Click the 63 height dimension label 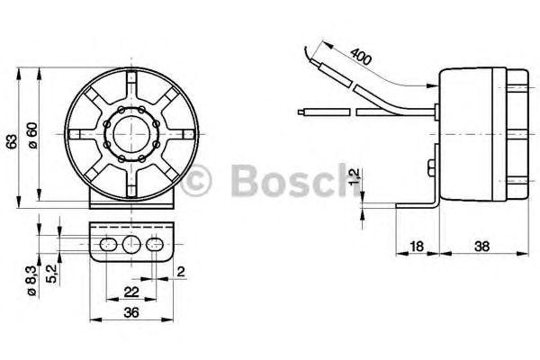11,141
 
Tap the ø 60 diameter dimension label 31,135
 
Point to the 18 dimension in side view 416,244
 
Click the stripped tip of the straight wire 300,112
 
